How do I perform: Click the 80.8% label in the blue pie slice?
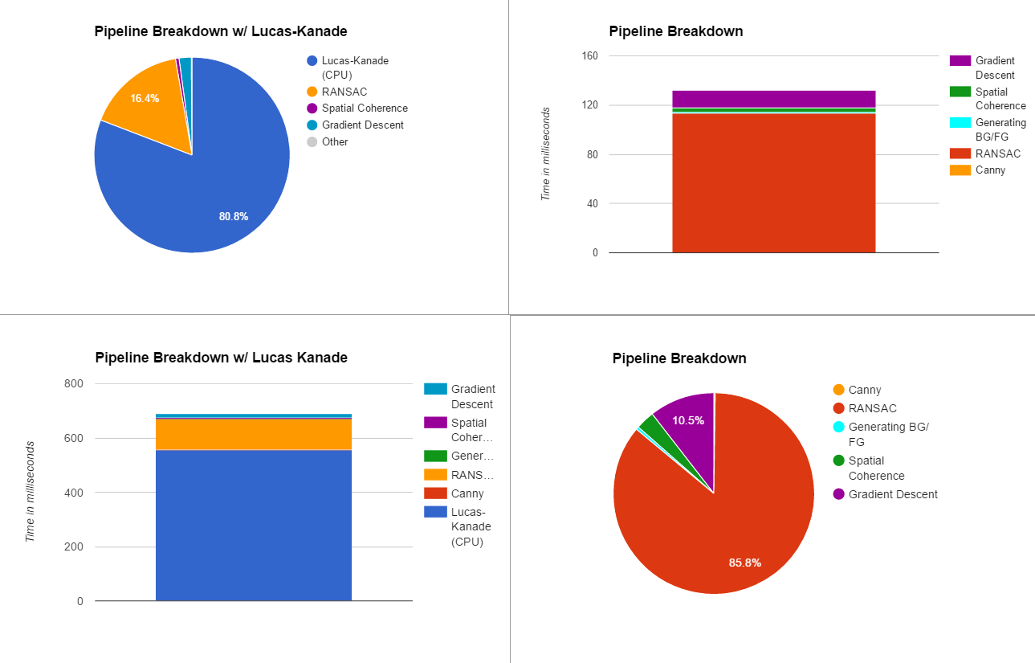coord(234,216)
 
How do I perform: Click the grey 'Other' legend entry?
coord(335,141)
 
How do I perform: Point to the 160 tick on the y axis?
coord(590,56)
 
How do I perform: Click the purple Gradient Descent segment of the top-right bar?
coord(773,99)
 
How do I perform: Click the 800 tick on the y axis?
coord(73,384)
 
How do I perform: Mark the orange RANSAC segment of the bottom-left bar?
coord(254,434)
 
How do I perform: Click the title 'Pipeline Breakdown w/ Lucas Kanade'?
coord(222,358)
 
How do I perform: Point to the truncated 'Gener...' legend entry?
coord(471,456)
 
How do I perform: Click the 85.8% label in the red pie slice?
coord(745,563)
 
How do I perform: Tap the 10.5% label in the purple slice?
coord(688,420)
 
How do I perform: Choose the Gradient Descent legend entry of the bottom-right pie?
coord(892,494)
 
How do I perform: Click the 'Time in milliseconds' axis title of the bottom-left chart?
coord(31,491)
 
